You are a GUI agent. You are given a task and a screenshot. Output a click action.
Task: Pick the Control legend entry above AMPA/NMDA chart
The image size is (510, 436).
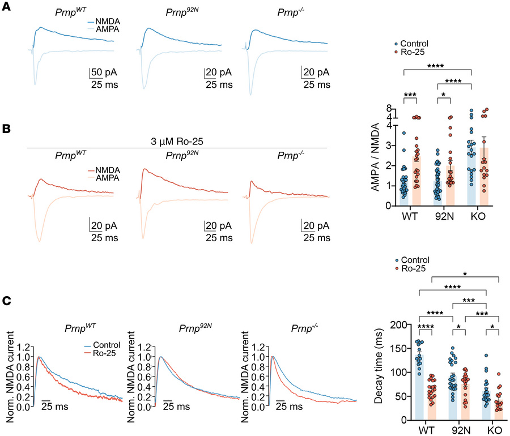[417, 43]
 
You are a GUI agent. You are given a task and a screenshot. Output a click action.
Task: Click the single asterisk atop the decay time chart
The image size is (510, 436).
[465, 275]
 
